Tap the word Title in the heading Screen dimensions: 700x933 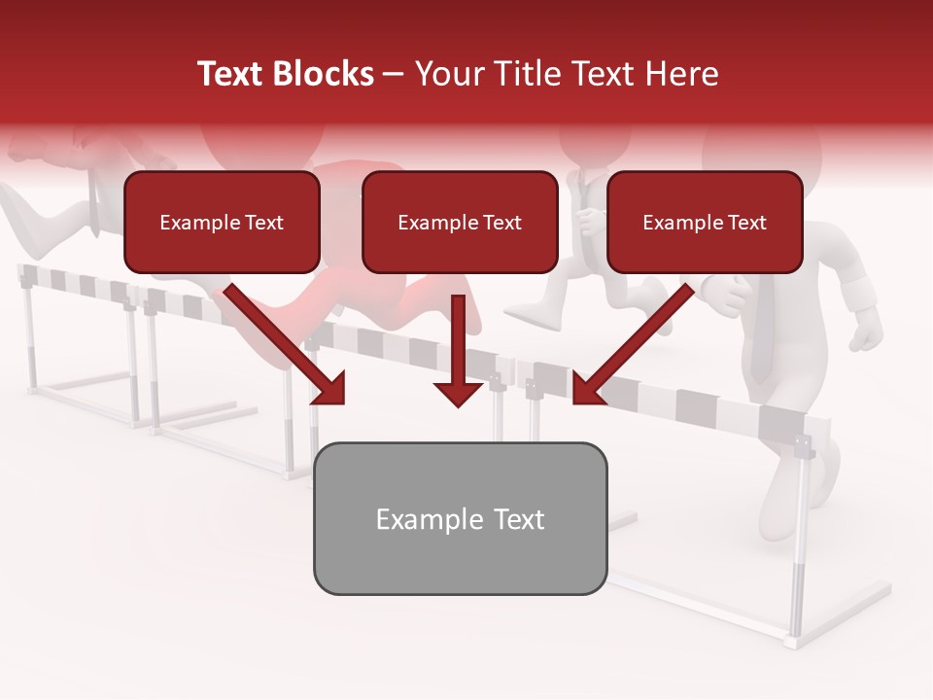(527, 74)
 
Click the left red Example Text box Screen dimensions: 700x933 (222, 222)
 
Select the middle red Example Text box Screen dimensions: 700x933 (460, 222)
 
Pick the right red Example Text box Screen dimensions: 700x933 (705, 222)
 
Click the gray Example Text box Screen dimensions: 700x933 (460, 518)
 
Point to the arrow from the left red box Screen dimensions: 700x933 (282, 340)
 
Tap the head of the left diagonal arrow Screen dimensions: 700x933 (330, 389)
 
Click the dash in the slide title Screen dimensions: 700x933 (394, 74)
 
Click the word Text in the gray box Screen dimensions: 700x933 (518, 519)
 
